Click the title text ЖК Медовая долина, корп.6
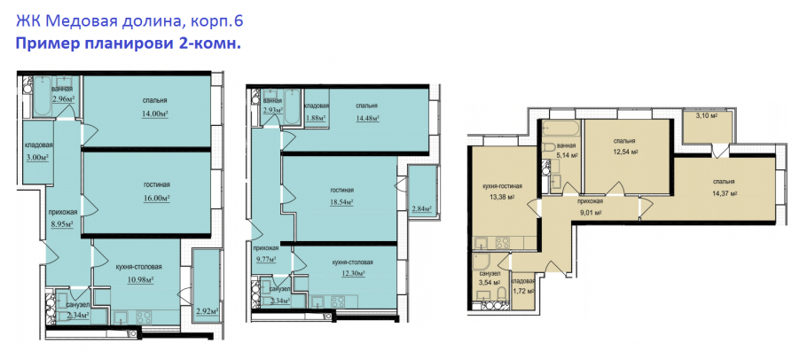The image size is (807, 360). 129,22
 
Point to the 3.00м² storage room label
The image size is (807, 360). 37,158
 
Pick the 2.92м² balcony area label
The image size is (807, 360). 208,311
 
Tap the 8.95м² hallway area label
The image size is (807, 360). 61,223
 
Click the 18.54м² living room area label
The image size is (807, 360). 341,203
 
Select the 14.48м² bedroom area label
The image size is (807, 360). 367,118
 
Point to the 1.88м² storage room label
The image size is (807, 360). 316,118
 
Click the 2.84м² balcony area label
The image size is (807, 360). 421,209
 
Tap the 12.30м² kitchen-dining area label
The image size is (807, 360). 353,274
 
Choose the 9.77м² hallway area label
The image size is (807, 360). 265,260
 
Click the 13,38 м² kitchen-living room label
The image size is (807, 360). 498,197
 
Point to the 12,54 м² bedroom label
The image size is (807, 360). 623,152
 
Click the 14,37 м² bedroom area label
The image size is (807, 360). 724,193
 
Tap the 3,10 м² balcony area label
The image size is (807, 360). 707,115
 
